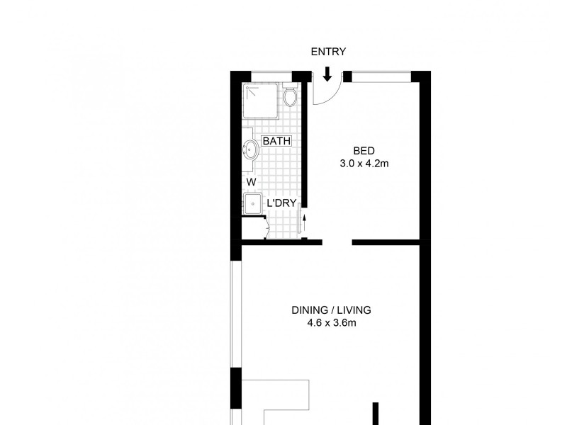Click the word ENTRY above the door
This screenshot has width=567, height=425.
point(327,52)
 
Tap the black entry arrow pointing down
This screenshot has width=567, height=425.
point(327,73)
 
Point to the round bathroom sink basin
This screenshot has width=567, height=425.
point(251,149)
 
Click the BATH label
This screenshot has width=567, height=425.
point(276,141)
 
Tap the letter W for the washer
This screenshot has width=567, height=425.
point(251,182)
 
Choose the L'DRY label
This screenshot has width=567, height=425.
point(281,203)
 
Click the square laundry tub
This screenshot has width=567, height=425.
point(252,203)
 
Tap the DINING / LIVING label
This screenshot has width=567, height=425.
point(331,310)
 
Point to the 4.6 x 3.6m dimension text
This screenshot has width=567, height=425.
point(331,324)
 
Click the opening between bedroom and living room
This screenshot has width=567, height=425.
point(338,242)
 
